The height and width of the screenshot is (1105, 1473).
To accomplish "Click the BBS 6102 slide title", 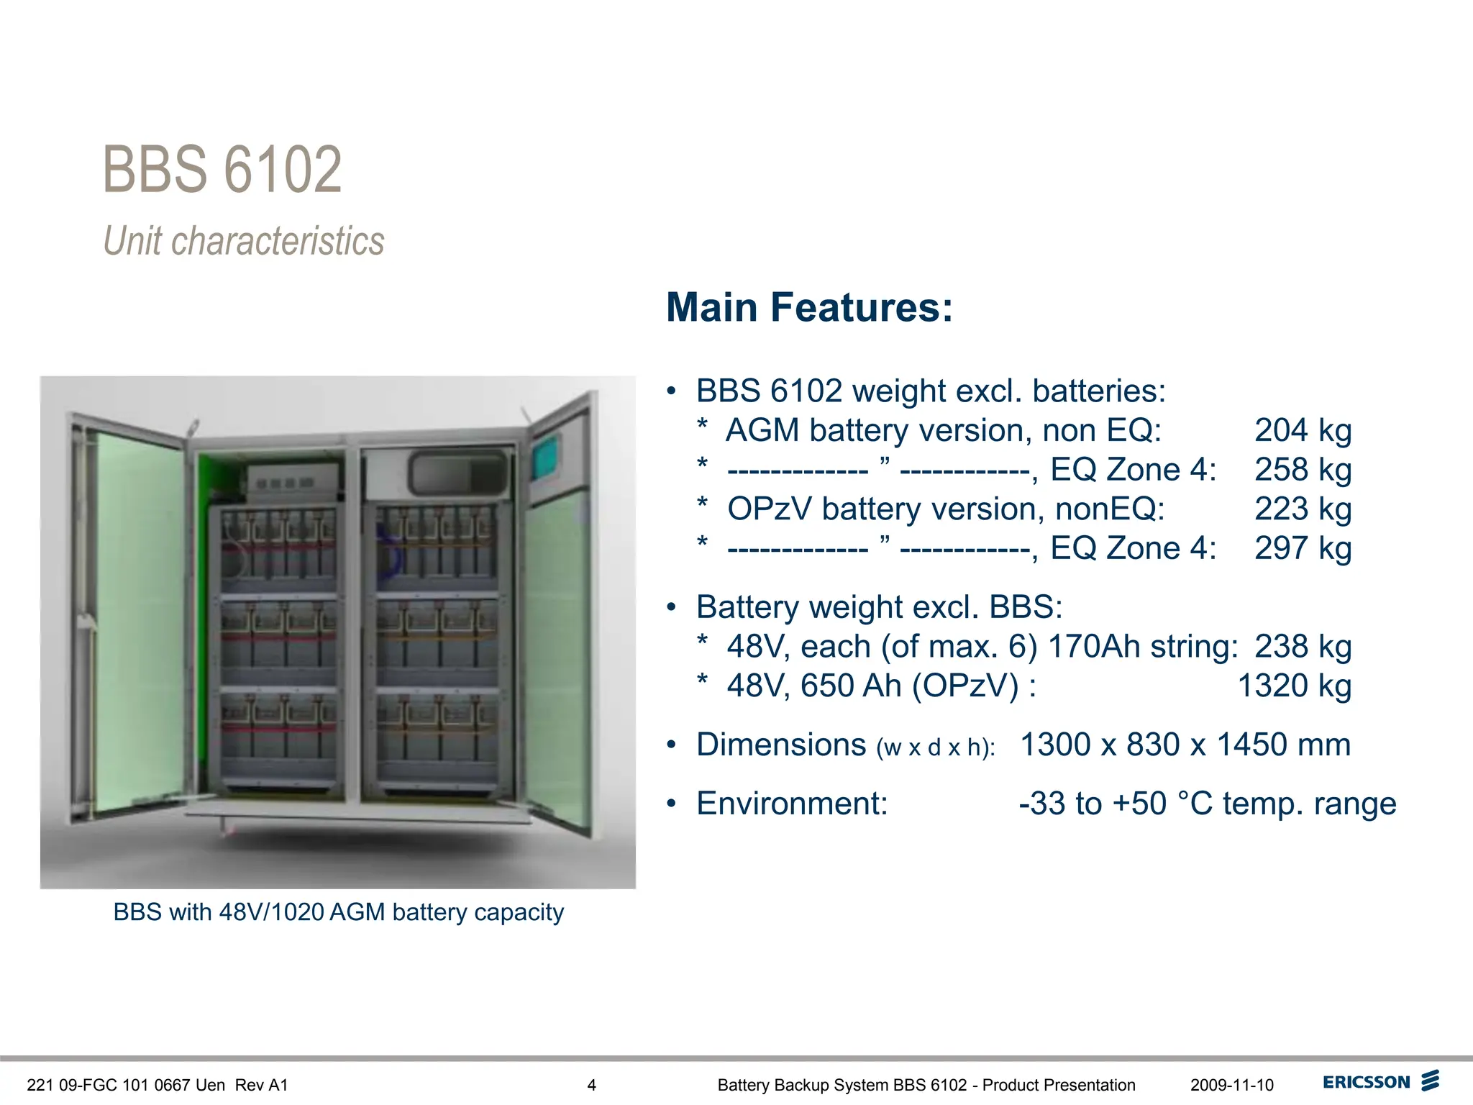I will click(x=222, y=170).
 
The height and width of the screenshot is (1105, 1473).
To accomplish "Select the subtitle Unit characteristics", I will click(x=244, y=240).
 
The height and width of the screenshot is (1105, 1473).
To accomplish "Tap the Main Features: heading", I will click(x=809, y=307).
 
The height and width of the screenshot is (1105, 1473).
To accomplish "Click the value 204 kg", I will click(x=1303, y=430).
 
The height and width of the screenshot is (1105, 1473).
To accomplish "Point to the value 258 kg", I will click(x=1303, y=470).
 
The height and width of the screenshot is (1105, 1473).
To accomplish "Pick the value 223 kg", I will click(x=1303, y=509).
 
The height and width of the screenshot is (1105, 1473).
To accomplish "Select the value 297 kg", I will click(x=1303, y=548).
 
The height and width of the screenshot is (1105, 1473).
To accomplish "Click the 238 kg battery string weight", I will click(x=1303, y=646).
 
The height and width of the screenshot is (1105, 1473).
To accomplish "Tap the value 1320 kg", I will click(x=1294, y=686).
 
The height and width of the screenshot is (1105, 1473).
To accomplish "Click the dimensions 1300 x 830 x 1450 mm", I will click(x=1185, y=745).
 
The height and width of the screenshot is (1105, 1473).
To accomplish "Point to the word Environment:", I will click(x=792, y=804).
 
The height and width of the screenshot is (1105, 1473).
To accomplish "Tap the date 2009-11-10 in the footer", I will click(x=1231, y=1085).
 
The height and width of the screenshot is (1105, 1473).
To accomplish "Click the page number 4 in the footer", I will click(x=591, y=1085).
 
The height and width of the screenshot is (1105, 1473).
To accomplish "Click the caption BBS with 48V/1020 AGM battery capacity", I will click(x=338, y=912).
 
